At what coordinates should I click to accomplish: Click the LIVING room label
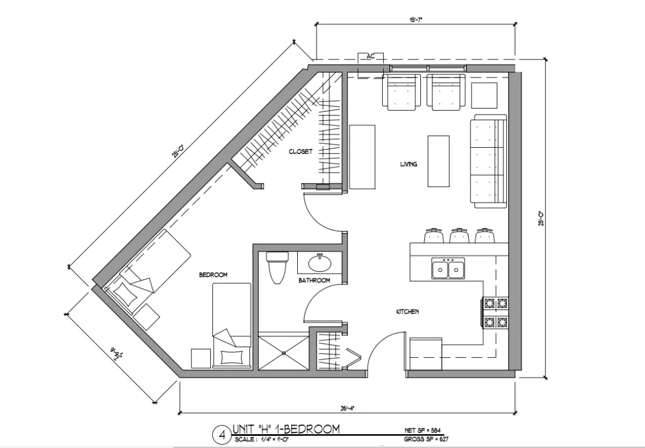[x=409, y=164]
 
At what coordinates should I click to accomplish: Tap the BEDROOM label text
[x=214, y=275]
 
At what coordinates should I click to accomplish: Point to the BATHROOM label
[x=314, y=281]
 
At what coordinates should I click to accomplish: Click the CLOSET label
[x=300, y=151]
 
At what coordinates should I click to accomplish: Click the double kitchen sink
[x=448, y=269]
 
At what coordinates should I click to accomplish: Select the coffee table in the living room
[x=438, y=161]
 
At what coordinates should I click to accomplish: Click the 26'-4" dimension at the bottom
[x=347, y=408]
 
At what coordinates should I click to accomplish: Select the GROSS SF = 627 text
[x=425, y=439]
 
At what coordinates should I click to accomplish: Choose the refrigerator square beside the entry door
[x=425, y=354]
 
